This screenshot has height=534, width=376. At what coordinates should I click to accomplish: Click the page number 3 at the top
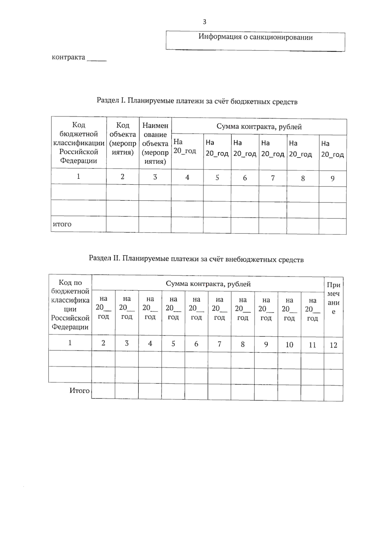pyautogui.click(x=205, y=22)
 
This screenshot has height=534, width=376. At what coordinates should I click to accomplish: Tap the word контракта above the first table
pyautogui.click(x=68, y=57)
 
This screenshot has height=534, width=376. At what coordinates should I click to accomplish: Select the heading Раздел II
pyautogui.click(x=105, y=258)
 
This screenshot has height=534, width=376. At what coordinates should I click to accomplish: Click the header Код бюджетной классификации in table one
pyautogui.click(x=79, y=143)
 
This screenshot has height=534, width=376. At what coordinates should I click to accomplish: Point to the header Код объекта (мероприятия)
pyautogui.click(x=123, y=139)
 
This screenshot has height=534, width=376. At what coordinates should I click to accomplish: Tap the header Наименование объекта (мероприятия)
pyautogui.click(x=155, y=143)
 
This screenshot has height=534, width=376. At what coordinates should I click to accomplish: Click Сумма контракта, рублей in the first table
pyautogui.click(x=259, y=127)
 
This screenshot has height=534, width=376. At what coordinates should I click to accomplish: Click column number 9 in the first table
pyautogui.click(x=332, y=179)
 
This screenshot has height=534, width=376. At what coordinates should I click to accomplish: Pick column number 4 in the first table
pyautogui.click(x=187, y=177)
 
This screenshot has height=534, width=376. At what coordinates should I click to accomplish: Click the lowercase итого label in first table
pyautogui.click(x=62, y=224)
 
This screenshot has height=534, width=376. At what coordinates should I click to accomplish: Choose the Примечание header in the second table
pyautogui.click(x=333, y=298)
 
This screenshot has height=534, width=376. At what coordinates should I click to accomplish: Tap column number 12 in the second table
pyautogui.click(x=333, y=345)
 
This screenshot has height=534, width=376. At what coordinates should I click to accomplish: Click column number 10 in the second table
pyautogui.click(x=289, y=345)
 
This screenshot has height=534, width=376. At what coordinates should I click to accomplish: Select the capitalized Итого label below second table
pyautogui.click(x=79, y=390)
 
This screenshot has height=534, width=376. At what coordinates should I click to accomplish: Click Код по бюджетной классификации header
pyautogui.click(x=70, y=304)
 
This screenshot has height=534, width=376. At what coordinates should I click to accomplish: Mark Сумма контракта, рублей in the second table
pyautogui.click(x=208, y=284)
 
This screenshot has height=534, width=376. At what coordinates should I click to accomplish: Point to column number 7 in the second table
pyautogui.click(x=219, y=344)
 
